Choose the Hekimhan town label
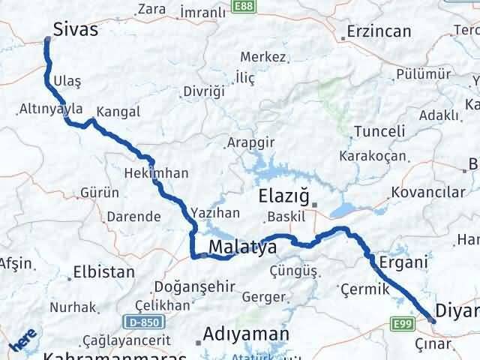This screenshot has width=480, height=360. pyautogui.click(x=160, y=172)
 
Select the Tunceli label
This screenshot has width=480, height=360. pyautogui.click(x=379, y=132)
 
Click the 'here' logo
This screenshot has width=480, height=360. pyautogui.click(x=23, y=340)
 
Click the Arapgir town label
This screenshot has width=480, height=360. pyautogui.click(x=250, y=142)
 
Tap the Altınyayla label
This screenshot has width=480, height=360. pyautogui.click(x=51, y=109)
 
